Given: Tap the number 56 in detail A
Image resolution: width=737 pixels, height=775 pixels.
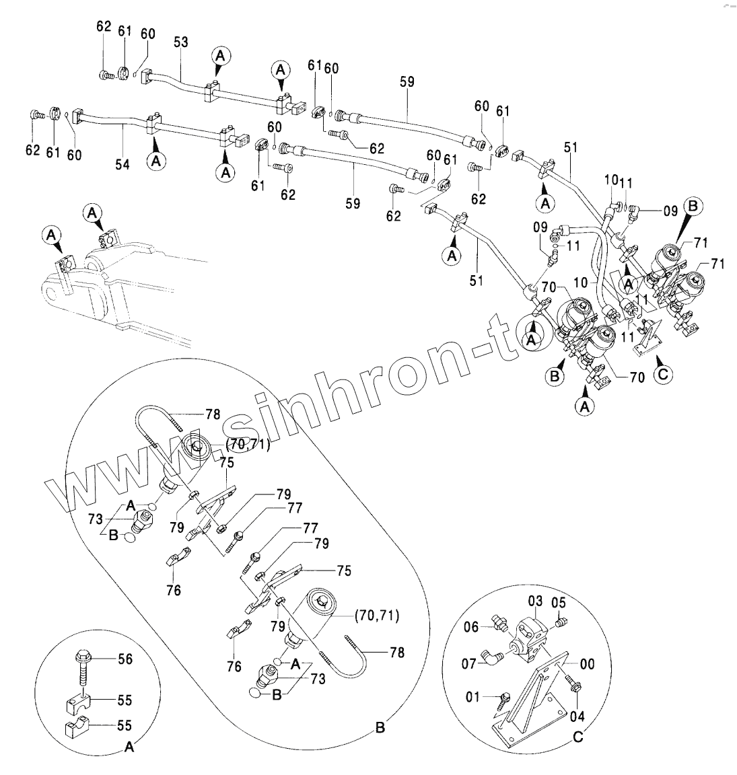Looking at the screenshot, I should [x=125, y=660].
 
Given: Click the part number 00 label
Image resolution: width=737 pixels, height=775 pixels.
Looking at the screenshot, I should [x=587, y=665].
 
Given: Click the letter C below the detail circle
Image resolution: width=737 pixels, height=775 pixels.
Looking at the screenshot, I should [x=577, y=738].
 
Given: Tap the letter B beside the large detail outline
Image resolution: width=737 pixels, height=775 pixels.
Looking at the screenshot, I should [x=380, y=728].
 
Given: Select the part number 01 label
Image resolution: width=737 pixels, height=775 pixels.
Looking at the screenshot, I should [x=473, y=697].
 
